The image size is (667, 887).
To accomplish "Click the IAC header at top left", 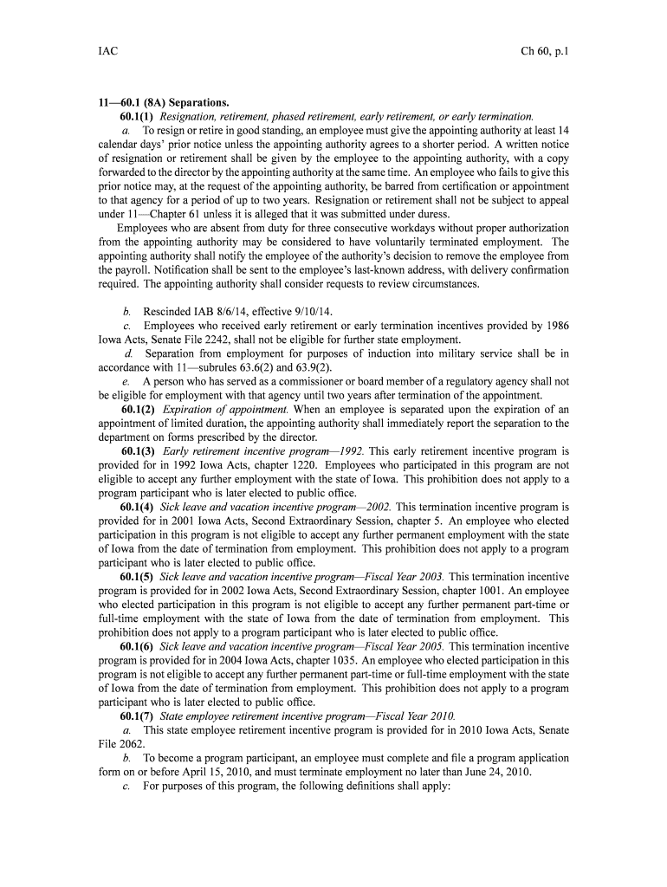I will tap(107, 52).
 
